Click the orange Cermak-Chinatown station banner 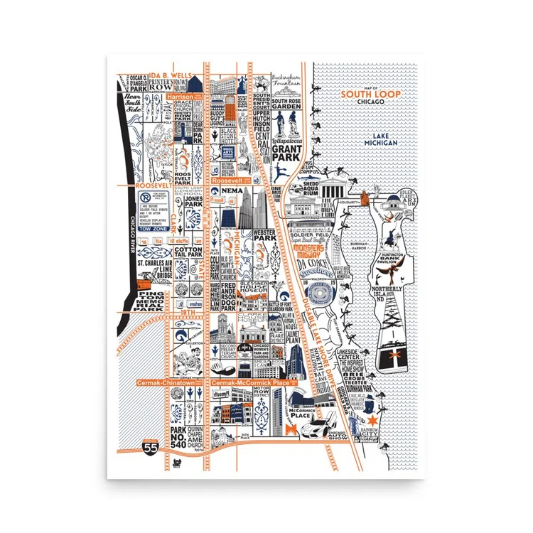click(x=166, y=382)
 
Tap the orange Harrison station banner click(x=181, y=95)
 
